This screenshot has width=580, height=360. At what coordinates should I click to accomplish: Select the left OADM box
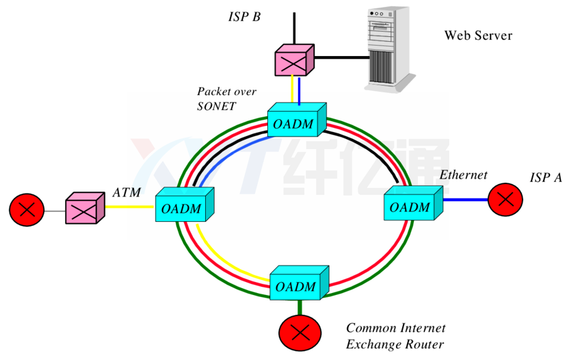click(x=182, y=205)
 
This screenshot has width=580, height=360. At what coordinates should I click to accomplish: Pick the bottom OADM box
click(x=298, y=283)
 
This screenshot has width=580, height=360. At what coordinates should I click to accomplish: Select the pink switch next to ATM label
click(x=84, y=208)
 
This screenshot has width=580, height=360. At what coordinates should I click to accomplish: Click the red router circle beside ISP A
click(x=505, y=199)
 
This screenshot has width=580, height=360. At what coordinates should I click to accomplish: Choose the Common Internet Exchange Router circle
click(x=298, y=333)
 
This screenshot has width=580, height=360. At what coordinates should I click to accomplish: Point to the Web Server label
click(x=478, y=36)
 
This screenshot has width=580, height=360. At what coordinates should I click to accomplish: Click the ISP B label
click(x=244, y=16)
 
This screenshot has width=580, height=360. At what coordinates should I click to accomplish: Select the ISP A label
click(x=546, y=178)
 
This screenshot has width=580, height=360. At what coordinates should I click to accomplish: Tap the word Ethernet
click(x=463, y=175)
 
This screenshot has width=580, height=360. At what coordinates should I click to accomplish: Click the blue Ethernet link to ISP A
click(x=465, y=199)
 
